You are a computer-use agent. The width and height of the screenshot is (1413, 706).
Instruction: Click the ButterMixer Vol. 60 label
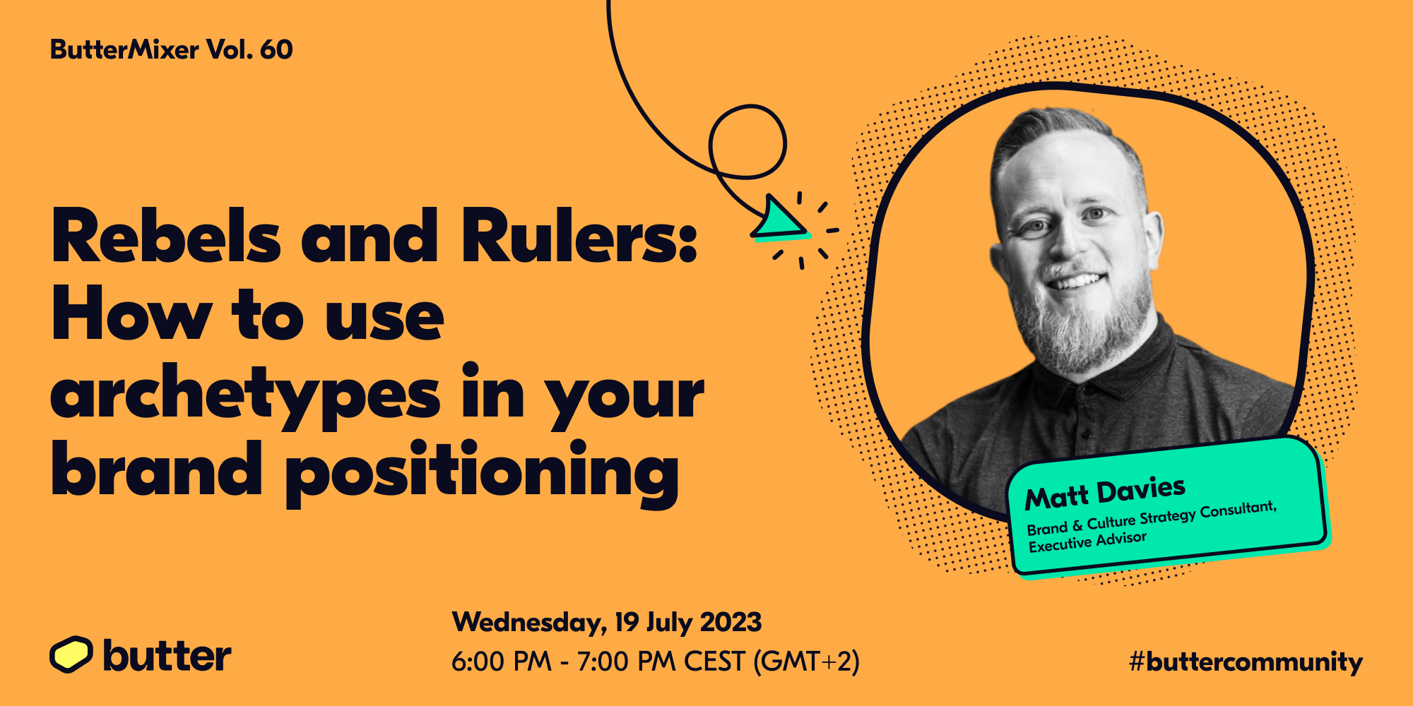172,49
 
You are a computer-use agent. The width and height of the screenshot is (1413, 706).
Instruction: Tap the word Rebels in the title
167,236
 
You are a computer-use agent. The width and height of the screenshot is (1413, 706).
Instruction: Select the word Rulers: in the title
579,236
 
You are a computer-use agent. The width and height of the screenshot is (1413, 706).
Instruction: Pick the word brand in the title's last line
157,467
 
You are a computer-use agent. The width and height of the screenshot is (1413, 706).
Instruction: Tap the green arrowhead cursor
779,219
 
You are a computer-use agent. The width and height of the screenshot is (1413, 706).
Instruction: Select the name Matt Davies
1105,493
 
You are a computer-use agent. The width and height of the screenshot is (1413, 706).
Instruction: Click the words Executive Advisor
1087,542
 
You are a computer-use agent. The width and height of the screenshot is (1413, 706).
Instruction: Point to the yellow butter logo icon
71,654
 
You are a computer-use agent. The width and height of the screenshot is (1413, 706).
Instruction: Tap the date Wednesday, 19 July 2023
607,622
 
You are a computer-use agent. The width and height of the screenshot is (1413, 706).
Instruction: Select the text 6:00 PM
502,662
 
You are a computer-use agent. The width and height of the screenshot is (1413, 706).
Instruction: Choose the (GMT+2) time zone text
806,662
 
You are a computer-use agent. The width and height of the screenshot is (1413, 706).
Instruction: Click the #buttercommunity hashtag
1246,662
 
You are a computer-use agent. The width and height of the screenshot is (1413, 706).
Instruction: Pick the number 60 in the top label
276,49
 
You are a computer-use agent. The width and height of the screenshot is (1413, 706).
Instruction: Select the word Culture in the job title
1111,522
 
